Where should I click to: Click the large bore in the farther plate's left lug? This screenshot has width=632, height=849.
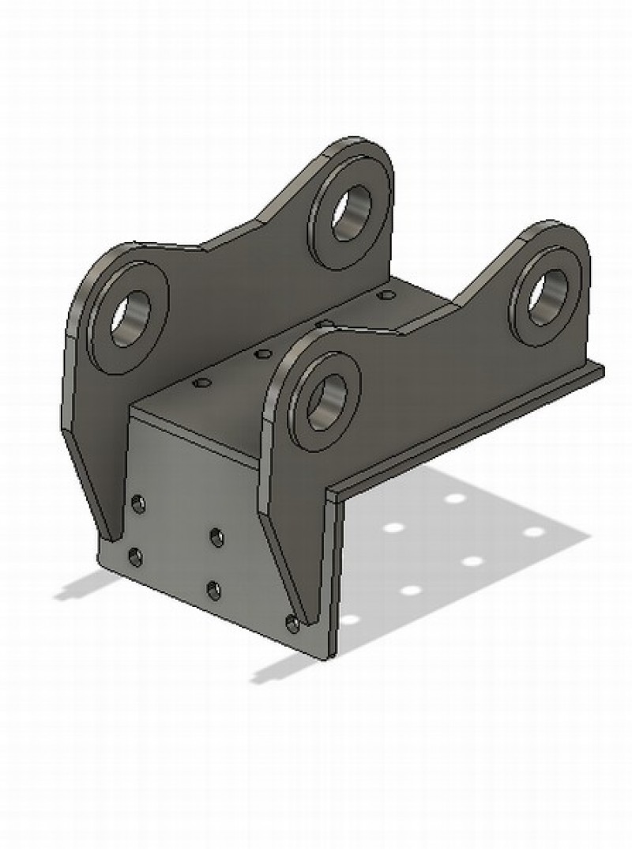tap(130, 319)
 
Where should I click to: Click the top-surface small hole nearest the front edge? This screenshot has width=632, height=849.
tap(202, 383)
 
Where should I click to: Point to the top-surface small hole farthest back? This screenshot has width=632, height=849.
tap(386, 295)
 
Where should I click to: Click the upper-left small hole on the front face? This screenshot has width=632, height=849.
tap(138, 503)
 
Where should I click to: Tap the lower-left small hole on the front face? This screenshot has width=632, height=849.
tap(135, 557)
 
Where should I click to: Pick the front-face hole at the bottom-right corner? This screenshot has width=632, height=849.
tap(292, 623)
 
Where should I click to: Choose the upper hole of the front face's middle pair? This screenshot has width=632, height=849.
tap(216, 538)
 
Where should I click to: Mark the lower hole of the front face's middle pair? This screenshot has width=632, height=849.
tap(213, 589)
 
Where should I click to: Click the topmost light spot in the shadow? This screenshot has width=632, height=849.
tap(455, 498)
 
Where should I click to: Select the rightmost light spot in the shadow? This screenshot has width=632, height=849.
tap(534, 531)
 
